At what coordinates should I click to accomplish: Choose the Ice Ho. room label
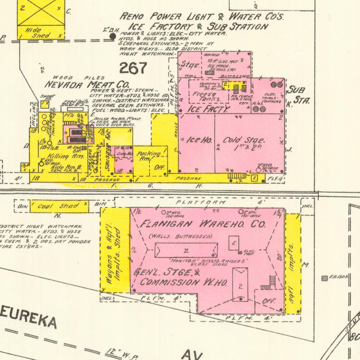(x=198, y=141)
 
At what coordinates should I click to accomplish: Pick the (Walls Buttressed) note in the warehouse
(x=180, y=237)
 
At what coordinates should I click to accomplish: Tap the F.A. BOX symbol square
(x=325, y=278)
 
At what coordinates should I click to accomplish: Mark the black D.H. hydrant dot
(x=112, y=36)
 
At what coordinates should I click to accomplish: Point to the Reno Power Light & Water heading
(x=202, y=17)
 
